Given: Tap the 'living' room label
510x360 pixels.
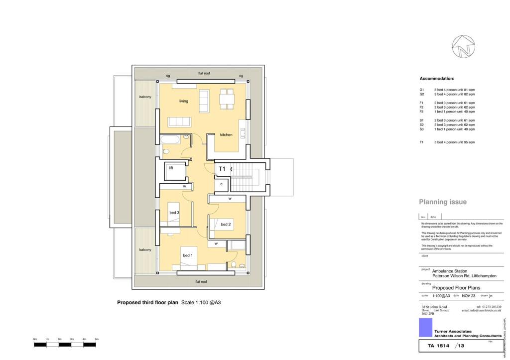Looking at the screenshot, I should coord(184,101).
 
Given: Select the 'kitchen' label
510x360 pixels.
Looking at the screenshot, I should coord(226,134).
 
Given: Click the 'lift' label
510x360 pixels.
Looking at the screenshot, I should coord(171,168).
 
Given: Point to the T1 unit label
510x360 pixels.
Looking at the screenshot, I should coord(222,169).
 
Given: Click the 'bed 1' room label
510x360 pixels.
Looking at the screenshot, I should coord(187,256).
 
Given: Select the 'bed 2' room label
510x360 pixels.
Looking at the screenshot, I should coord(226,225).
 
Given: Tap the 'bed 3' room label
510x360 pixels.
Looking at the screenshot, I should coord(174,213).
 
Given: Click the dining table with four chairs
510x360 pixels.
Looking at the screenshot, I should coord(227,99).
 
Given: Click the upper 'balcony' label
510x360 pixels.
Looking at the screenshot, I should coord(145,97).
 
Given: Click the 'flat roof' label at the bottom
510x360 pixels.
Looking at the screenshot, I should coord(200,281).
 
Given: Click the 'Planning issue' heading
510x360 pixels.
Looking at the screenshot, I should coord(442,202).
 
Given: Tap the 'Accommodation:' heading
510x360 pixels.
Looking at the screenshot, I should coord(437,79).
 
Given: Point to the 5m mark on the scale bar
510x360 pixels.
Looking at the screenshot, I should coord(97,339).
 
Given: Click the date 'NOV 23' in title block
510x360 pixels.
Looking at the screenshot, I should coord(469,296).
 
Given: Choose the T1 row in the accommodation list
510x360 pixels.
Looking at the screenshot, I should coord(447,142).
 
